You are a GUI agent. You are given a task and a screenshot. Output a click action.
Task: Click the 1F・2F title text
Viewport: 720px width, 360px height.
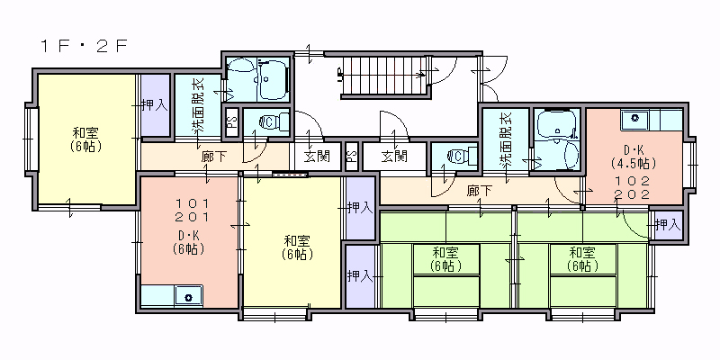click(83, 47)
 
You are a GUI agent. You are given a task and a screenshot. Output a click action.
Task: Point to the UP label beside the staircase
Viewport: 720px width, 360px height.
click(340, 74)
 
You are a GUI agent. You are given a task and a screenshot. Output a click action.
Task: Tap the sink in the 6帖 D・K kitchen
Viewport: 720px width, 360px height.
click(188, 296)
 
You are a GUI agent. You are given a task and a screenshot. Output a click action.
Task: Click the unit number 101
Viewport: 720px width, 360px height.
click(193, 202)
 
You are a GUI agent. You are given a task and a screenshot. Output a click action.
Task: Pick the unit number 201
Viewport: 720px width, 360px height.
click(193, 216)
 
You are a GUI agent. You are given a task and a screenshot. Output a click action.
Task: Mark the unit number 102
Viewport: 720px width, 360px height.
click(634, 181)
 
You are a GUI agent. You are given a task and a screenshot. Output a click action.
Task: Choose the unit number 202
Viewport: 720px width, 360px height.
click(634, 193)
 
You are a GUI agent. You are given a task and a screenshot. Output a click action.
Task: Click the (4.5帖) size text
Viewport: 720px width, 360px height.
click(634, 163)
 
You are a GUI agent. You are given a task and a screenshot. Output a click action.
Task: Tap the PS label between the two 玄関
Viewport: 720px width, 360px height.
click(352, 157)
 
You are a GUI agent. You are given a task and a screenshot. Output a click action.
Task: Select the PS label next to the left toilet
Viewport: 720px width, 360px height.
click(232, 121)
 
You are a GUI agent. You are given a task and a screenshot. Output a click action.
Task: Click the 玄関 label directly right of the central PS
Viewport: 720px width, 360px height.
click(394, 157)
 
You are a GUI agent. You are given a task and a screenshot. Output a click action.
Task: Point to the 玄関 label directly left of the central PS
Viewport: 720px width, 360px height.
click(317, 157)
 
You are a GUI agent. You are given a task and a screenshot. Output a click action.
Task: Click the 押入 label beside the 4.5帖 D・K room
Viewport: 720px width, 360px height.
click(667, 225)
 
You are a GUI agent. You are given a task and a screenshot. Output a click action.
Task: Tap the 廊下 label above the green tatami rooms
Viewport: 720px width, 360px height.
click(480, 190)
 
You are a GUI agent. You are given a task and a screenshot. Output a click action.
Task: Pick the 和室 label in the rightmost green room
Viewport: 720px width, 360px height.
click(582, 252)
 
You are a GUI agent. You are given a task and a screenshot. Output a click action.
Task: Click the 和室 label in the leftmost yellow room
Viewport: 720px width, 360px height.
click(85, 133)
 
